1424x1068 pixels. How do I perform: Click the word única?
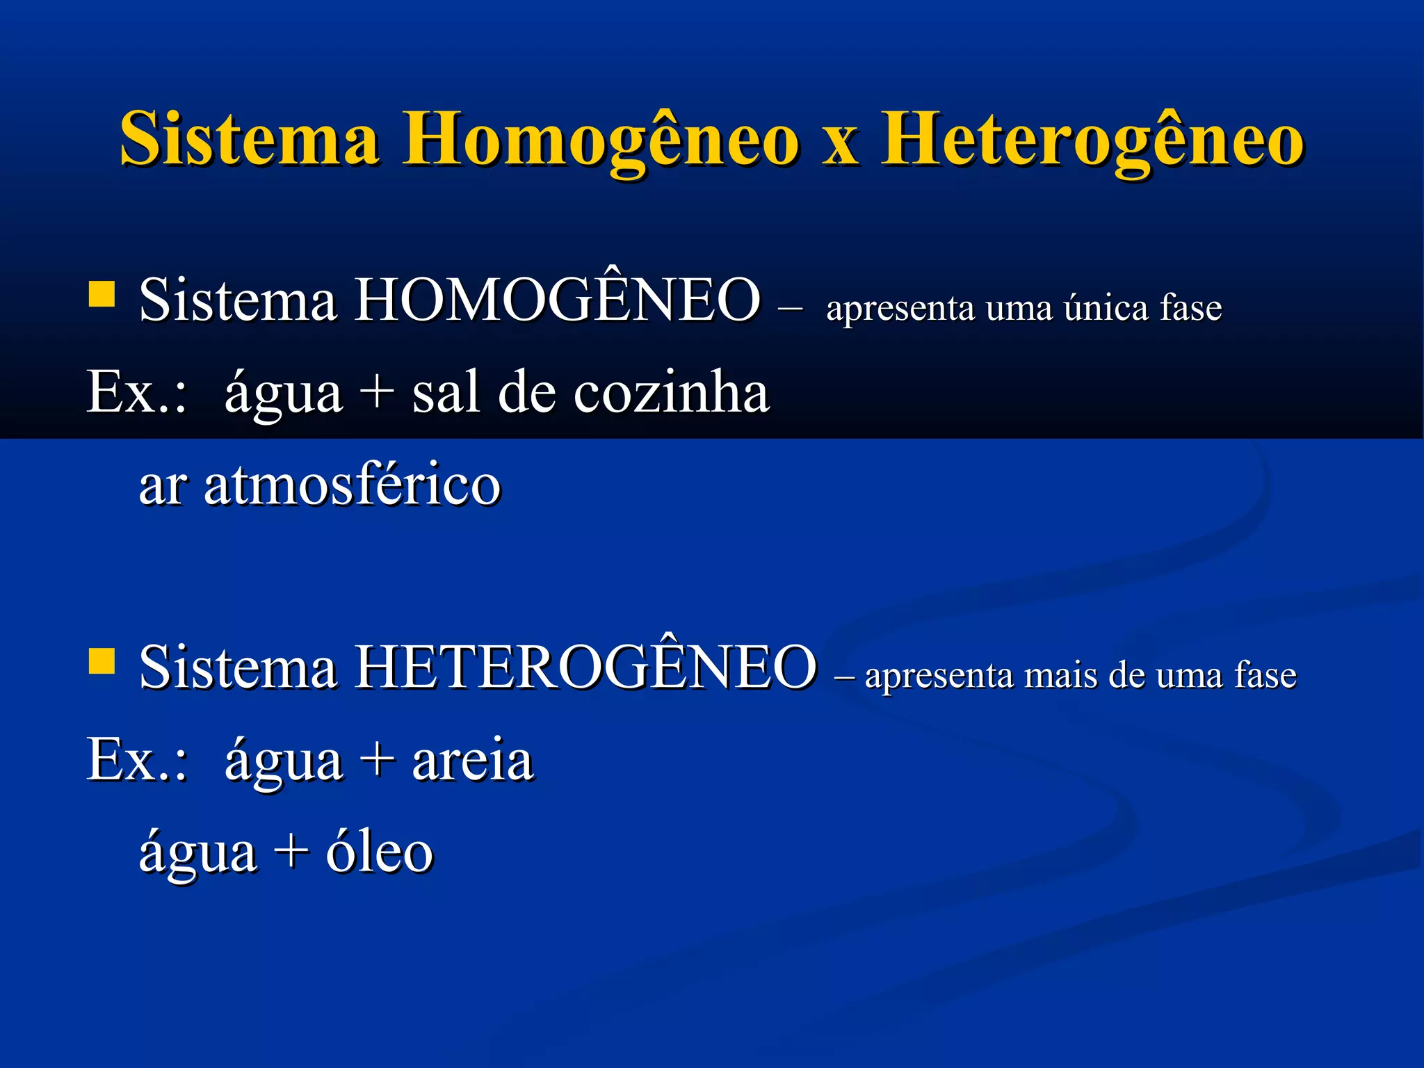[1106, 307]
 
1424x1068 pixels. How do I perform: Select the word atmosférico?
[353, 485]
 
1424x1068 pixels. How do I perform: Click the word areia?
[473, 760]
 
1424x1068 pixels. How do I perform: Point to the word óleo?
[380, 852]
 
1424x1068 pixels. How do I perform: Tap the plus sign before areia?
[377, 760]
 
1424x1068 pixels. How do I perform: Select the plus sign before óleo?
[291, 852]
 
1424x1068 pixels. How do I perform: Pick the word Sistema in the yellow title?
[250, 139]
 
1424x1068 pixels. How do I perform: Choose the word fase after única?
[1190, 307]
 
